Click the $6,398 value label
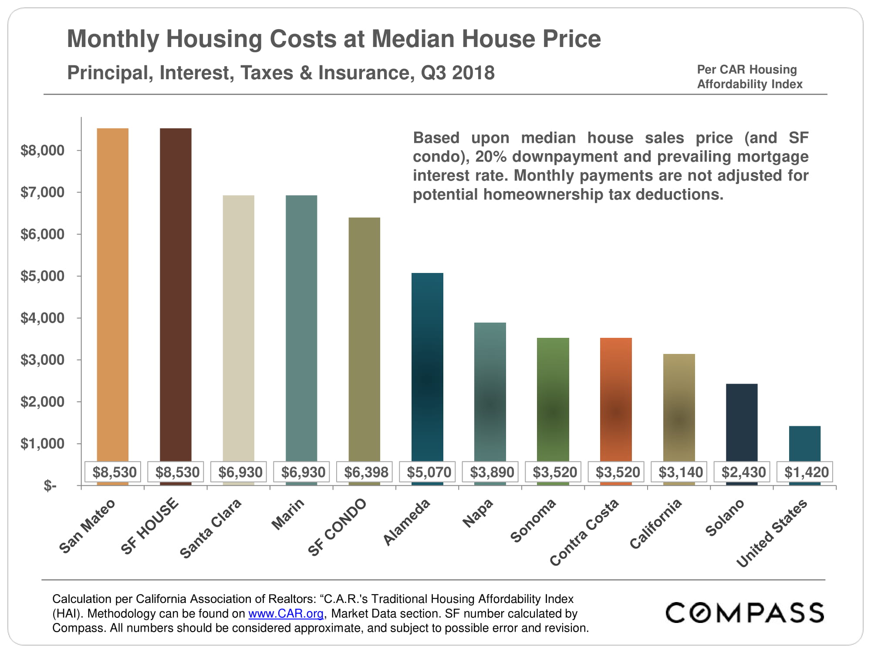[366, 472]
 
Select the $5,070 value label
[429, 472]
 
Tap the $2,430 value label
[743, 472]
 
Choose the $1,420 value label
[806, 472]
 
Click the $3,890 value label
[492, 472]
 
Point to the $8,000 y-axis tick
[42, 151]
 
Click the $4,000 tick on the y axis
[42, 318]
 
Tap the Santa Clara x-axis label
[210, 528]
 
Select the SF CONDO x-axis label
[337, 527]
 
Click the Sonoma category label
[533, 521]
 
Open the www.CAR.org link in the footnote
[286, 614]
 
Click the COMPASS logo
[745, 613]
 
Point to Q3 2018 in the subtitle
[458, 73]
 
